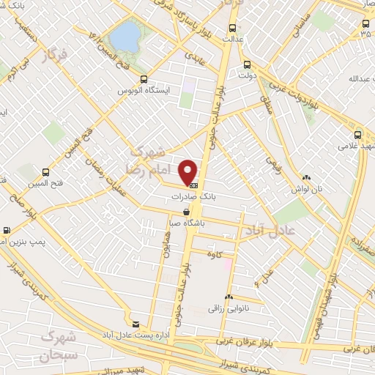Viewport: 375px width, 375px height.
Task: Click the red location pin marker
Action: click(x=189, y=171)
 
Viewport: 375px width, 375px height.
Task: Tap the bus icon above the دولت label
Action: click(x=246, y=64)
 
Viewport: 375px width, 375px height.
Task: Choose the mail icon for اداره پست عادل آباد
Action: click(x=135, y=324)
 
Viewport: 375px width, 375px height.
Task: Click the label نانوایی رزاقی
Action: click(x=229, y=308)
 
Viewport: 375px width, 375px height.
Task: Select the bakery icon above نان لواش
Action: click(x=306, y=178)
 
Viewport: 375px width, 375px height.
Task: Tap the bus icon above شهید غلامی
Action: click(x=358, y=135)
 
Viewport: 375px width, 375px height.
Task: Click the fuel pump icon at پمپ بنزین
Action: click(x=6, y=229)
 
